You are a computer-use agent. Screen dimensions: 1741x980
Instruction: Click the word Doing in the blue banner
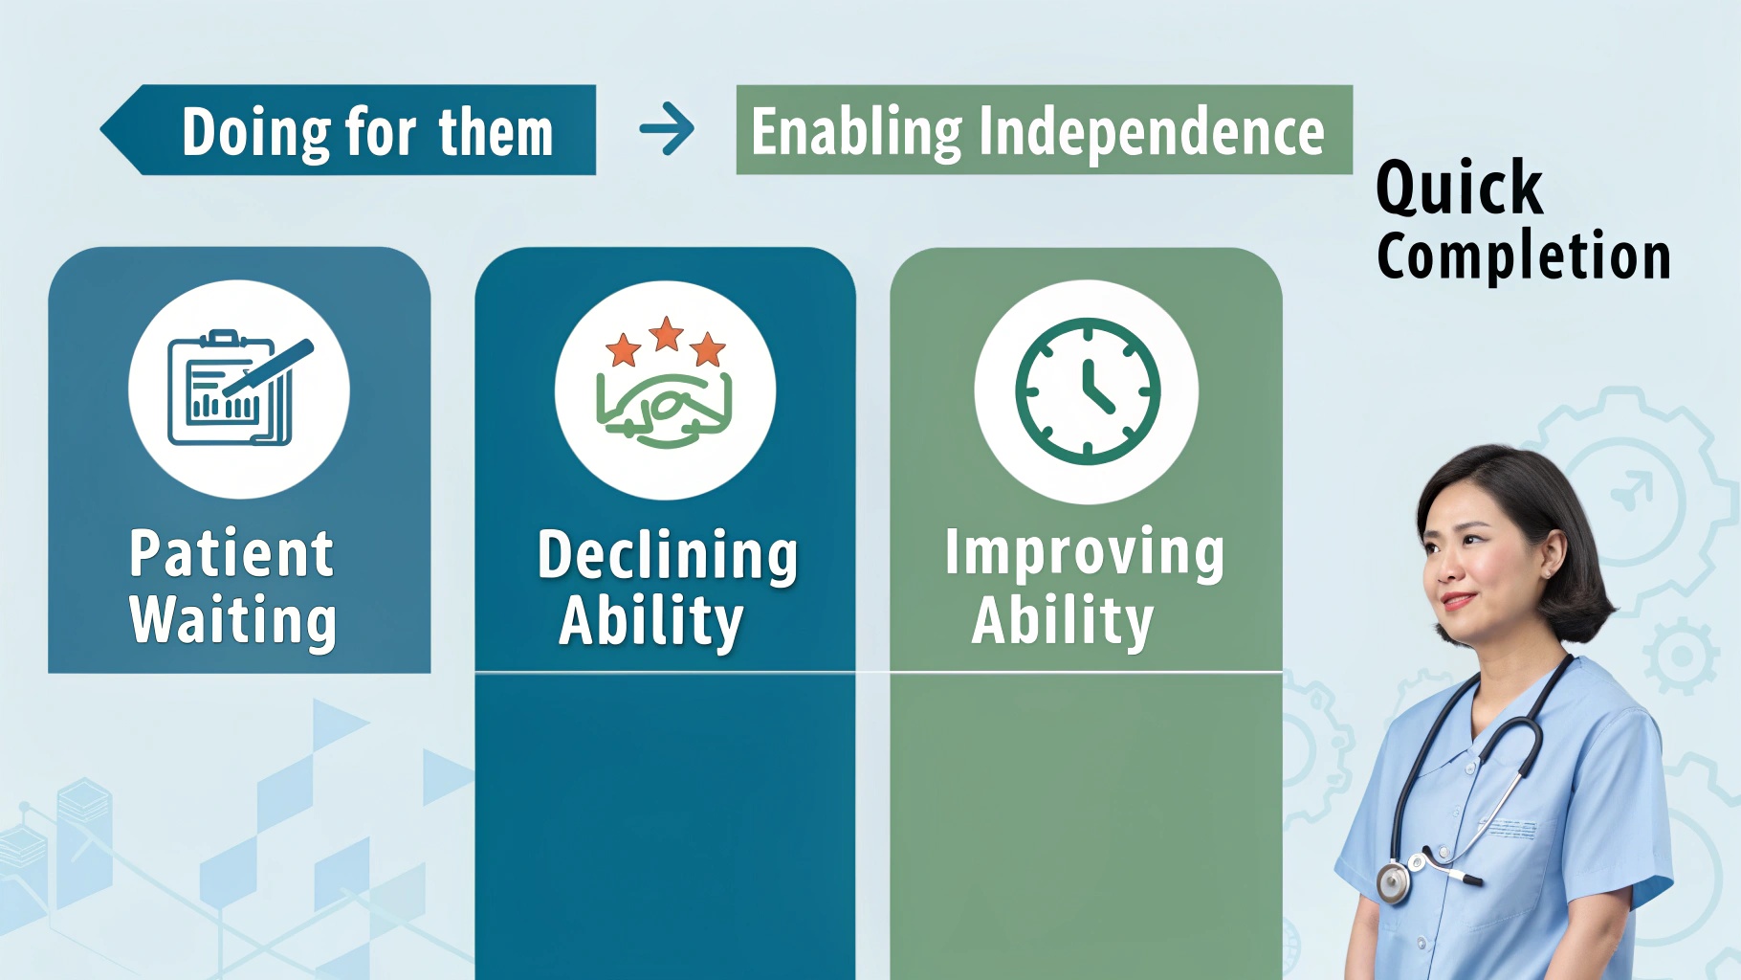point(256,133)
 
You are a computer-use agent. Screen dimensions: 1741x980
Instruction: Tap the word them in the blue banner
point(496,132)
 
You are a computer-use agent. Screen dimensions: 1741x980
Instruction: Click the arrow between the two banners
point(667,129)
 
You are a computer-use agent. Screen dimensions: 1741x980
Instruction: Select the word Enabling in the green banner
point(856,132)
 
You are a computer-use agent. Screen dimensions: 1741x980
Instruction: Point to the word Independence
point(1152,131)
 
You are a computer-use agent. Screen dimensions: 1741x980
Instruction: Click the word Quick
point(1459,188)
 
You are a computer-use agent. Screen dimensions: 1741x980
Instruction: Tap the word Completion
point(1524,256)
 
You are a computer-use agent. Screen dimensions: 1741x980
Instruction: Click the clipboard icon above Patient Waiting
point(239,389)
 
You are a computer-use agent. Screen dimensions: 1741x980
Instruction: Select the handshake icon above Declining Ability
point(664,410)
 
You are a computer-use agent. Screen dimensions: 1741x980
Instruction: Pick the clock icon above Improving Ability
point(1087,390)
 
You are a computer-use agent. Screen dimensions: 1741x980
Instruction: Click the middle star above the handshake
point(666,334)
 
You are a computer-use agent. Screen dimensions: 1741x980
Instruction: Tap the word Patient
point(231,553)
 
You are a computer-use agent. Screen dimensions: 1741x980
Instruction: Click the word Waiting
point(232,620)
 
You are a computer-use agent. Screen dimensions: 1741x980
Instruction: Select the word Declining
point(667,555)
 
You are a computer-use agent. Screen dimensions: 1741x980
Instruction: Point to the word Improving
point(1084,553)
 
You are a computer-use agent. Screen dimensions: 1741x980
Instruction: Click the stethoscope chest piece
point(1393,881)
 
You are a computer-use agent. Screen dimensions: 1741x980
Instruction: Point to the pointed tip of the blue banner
point(100,130)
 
